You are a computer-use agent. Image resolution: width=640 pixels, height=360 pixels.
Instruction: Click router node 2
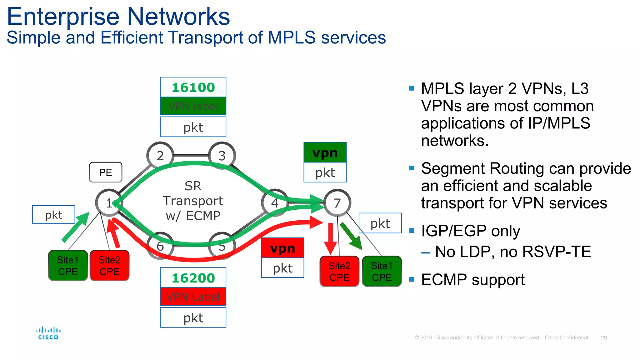coord(160,155)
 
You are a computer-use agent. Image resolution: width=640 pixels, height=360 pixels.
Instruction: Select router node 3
coord(222,155)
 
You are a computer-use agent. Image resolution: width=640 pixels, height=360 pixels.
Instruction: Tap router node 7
coord(337,203)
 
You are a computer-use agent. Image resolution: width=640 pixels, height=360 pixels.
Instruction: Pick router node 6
coord(160,246)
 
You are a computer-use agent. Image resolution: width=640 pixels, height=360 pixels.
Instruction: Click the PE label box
coord(106,172)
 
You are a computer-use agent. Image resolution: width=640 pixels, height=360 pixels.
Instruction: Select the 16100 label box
coord(193,87)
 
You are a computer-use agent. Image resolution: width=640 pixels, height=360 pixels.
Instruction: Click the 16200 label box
coord(193,278)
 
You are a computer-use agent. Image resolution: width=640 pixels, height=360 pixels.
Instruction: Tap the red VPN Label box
coord(193,297)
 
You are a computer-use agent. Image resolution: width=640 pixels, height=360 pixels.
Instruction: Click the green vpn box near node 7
coord(325,152)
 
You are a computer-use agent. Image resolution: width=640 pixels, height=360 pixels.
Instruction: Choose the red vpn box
coord(282,248)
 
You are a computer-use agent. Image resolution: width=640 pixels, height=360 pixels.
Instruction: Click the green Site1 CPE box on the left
coord(68,265)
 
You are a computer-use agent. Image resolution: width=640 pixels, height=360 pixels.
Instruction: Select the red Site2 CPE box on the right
coord(339,271)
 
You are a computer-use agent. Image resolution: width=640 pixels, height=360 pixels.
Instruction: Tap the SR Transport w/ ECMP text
coord(193,201)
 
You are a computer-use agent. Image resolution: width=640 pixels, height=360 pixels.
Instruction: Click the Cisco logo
coord(48,333)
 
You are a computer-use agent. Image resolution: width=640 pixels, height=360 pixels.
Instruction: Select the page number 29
coord(604,337)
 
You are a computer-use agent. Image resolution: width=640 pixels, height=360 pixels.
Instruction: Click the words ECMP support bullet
coord(472,279)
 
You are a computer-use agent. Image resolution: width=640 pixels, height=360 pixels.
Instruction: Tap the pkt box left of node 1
coord(54,215)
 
